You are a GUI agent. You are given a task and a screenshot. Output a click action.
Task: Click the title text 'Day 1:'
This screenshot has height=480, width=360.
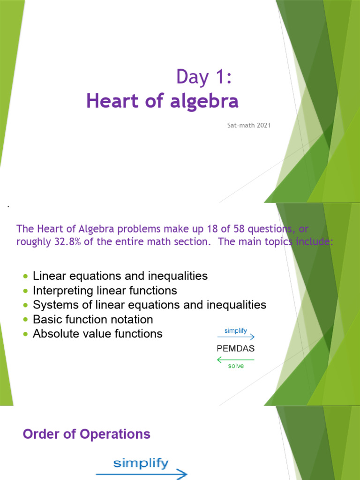point(204,76)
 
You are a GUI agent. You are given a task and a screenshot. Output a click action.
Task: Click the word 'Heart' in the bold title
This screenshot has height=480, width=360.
point(109,101)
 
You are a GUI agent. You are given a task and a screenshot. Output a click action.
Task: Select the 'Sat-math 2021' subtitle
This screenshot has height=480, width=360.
point(246,126)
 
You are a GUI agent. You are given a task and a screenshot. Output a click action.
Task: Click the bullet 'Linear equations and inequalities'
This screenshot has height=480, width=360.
point(120,276)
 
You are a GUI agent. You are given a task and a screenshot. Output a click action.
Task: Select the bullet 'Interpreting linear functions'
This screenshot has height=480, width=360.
point(105,291)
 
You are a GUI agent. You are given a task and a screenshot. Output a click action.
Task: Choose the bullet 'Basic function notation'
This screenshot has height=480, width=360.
point(93,320)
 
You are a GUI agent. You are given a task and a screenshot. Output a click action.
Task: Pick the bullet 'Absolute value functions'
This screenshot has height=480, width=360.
point(97,334)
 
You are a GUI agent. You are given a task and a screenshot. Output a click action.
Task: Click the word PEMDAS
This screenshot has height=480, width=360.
point(236,349)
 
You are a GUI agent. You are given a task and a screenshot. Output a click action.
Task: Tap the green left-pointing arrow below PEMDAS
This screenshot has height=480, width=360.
point(236,360)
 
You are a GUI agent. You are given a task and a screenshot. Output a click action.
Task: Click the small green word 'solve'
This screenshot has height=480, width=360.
point(236,366)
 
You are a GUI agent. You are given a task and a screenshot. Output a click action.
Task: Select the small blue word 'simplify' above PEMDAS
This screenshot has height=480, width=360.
point(236,330)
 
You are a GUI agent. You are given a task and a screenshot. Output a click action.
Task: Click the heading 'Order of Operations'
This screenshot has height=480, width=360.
point(87,434)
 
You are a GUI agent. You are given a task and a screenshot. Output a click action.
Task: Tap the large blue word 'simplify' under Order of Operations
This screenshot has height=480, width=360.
point(141,464)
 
